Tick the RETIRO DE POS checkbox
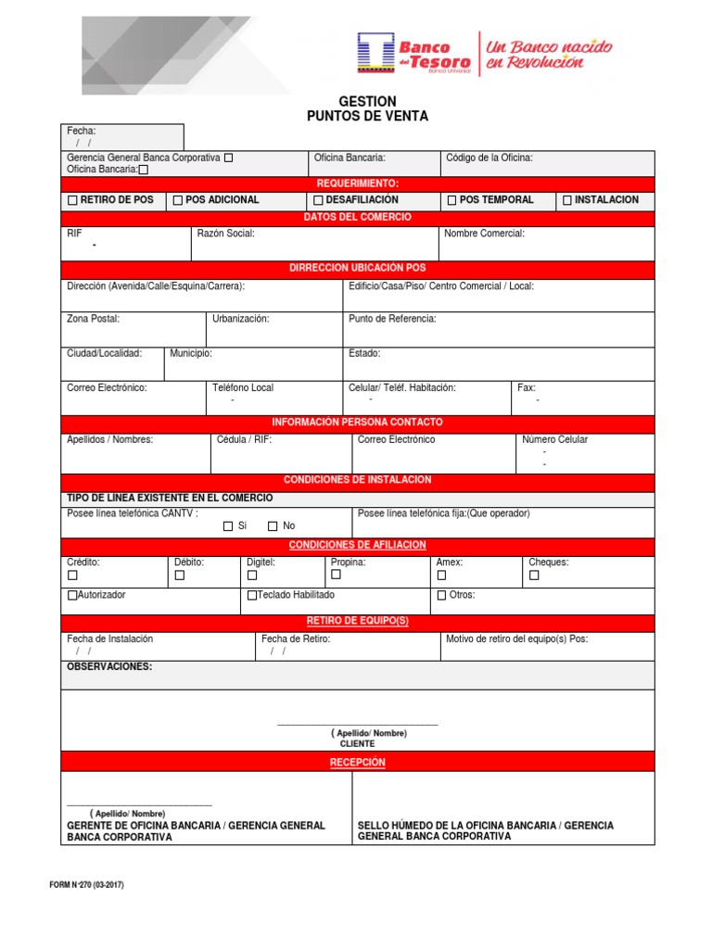click(x=72, y=200)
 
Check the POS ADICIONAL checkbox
click(x=177, y=200)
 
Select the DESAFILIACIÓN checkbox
click(x=318, y=200)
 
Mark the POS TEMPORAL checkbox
click(x=451, y=200)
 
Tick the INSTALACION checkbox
click(x=567, y=200)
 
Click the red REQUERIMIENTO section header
click(x=357, y=183)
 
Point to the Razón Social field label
click(x=225, y=234)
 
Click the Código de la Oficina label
click(x=489, y=158)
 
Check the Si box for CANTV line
click(x=228, y=526)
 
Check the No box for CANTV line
click(x=273, y=526)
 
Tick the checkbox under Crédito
click(x=72, y=576)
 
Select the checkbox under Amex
click(x=441, y=576)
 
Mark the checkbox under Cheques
click(x=534, y=576)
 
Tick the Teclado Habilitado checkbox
click(x=251, y=596)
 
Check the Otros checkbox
click(x=441, y=596)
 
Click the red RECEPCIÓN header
click(x=357, y=762)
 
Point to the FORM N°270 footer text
click(x=86, y=885)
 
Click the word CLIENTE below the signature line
click(x=357, y=743)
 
